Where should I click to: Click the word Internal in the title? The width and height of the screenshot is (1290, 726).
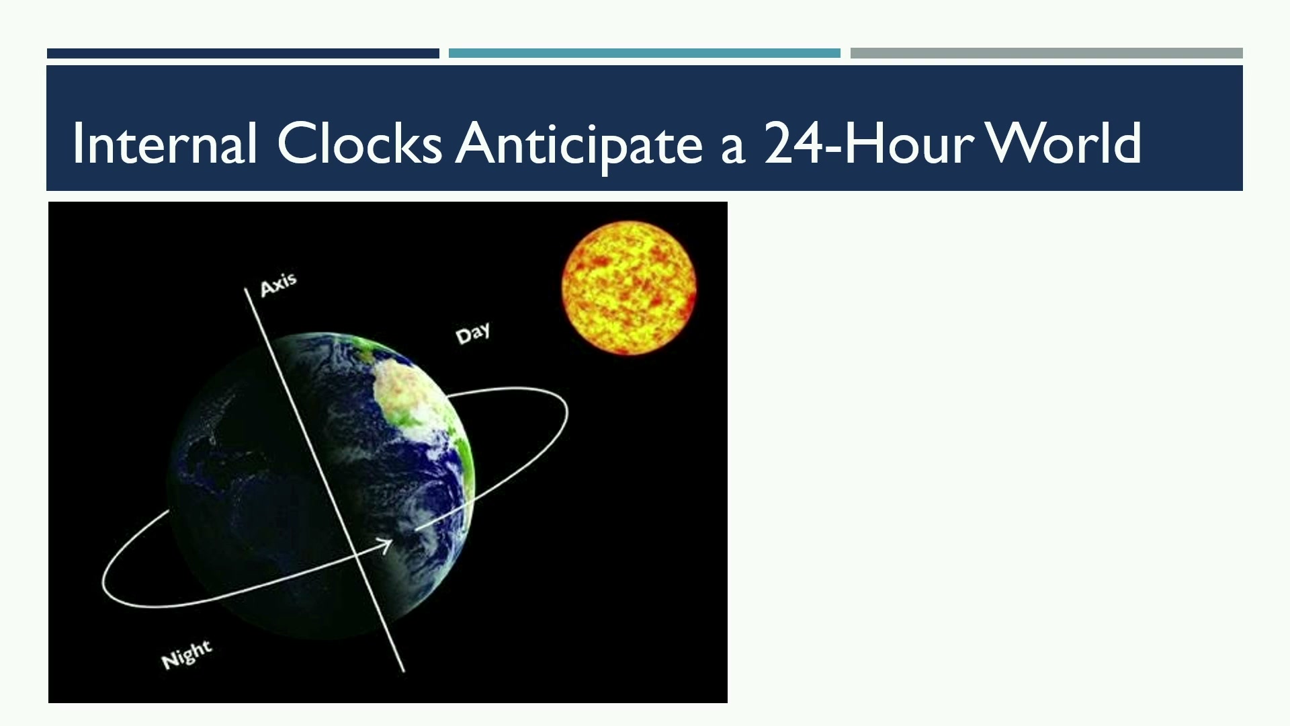click(165, 143)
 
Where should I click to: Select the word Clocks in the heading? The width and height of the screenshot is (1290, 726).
click(359, 143)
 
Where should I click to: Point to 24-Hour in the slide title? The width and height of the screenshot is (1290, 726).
click(869, 143)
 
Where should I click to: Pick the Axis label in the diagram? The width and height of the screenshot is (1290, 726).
click(278, 284)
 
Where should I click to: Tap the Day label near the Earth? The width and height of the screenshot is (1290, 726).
click(473, 333)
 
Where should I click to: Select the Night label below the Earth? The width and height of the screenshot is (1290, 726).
click(187, 655)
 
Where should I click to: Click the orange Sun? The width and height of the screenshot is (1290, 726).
click(629, 288)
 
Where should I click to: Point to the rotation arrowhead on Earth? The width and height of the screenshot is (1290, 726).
click(384, 544)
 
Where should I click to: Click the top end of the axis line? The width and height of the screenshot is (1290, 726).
click(245, 288)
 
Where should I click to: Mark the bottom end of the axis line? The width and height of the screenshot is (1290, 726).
click(404, 671)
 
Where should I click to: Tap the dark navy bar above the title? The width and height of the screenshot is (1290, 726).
click(243, 53)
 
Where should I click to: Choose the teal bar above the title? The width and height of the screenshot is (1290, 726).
click(644, 53)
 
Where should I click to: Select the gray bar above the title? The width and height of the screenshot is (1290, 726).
click(1046, 53)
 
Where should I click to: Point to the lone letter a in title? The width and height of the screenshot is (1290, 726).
click(732, 149)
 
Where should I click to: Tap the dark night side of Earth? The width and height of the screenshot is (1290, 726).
click(255, 484)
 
